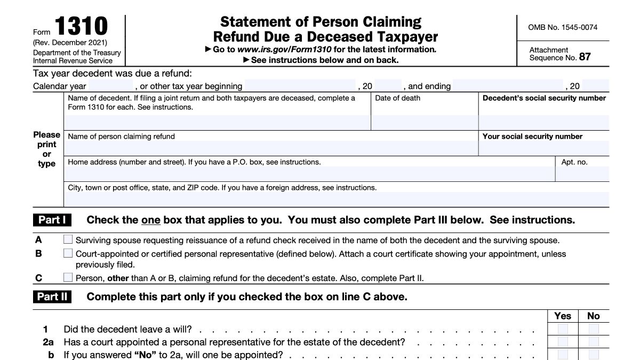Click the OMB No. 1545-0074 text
563,27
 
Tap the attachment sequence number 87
585,57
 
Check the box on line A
68,240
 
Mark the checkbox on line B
68,253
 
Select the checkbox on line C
68,277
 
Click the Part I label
52,220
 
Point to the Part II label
52,297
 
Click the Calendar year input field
110,86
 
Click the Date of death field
424,123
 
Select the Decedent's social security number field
543,123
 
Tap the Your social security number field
543,148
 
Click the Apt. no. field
582,174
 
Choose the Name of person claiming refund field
271,148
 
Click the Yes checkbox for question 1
563,329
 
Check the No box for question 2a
594,341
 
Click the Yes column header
563,316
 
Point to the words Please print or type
47,149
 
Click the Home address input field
309,174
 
